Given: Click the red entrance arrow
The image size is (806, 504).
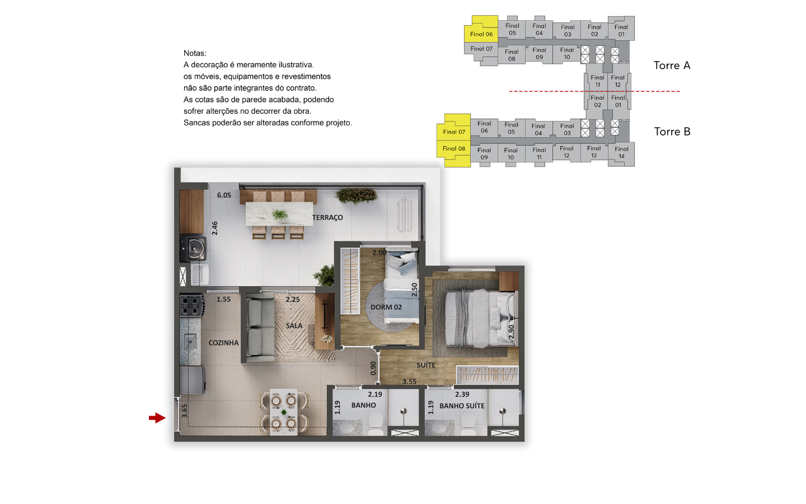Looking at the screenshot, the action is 157,418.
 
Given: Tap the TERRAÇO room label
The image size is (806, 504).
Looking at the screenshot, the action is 327,217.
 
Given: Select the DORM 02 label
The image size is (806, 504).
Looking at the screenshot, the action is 386,307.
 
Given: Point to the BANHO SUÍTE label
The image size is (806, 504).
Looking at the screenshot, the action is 462,405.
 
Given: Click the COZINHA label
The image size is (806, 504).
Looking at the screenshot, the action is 223,343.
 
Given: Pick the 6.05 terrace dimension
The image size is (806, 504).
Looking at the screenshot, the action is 224,195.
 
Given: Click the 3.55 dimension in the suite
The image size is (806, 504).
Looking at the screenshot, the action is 410,381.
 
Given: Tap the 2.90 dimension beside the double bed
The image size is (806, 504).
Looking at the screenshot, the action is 511,332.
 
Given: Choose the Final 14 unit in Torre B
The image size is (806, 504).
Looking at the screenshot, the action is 621,153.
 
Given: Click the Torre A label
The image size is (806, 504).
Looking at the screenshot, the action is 672,66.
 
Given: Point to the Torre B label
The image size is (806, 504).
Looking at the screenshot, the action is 672,132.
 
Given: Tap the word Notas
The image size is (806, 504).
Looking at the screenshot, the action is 195,53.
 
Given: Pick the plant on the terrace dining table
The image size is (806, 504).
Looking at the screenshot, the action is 280,214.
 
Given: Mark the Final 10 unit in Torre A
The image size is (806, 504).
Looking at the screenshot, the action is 566,53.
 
